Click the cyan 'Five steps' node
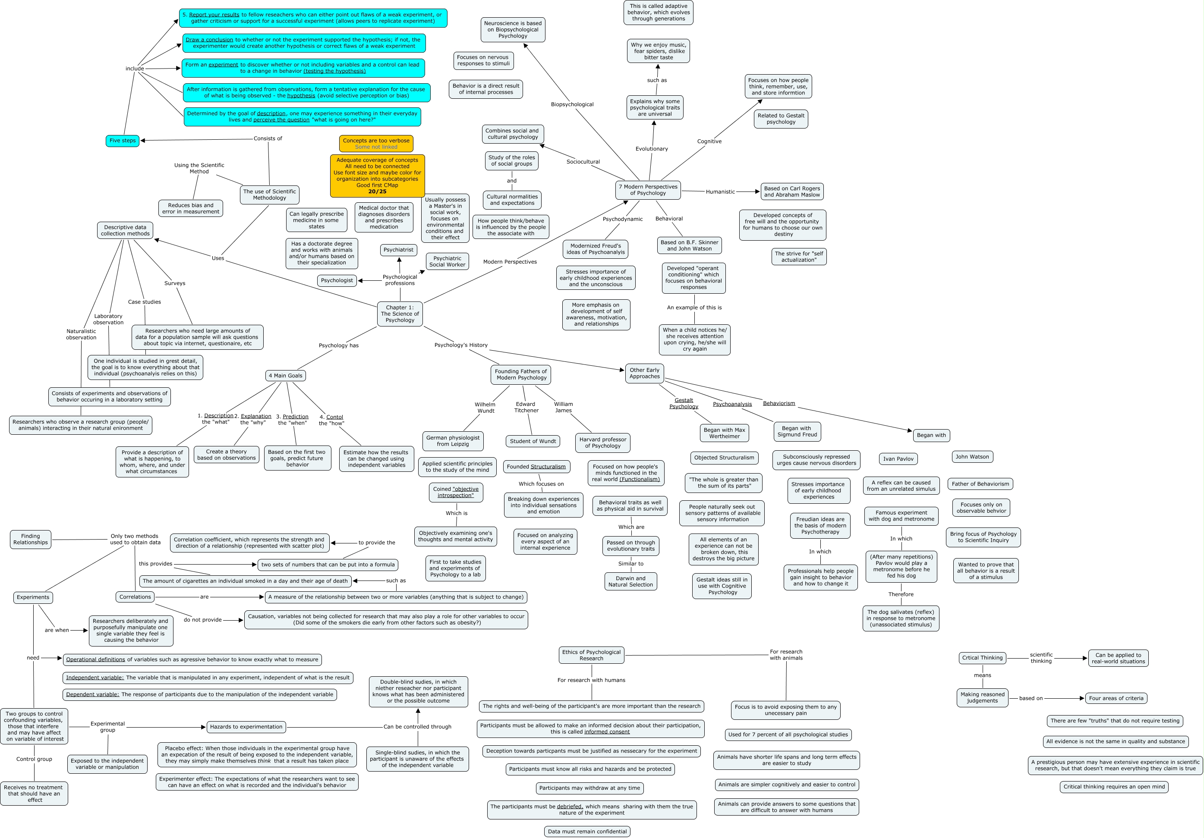[x=122, y=141]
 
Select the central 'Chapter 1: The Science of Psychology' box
[x=400, y=314]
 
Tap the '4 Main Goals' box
[x=285, y=376]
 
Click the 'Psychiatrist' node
[x=399, y=250]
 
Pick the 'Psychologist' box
[x=337, y=281]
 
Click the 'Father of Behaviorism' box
[x=980, y=484]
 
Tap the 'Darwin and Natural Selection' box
[x=630, y=582]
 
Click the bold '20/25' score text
[x=377, y=192]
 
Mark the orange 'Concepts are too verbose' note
[x=376, y=144]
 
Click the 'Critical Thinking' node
[x=982, y=658]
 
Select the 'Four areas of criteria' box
[x=1116, y=699]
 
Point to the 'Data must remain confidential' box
[x=587, y=832]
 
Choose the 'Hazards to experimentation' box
[x=246, y=727]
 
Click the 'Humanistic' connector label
[x=720, y=192]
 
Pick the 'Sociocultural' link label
[x=583, y=162]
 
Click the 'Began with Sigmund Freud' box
[x=797, y=432]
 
